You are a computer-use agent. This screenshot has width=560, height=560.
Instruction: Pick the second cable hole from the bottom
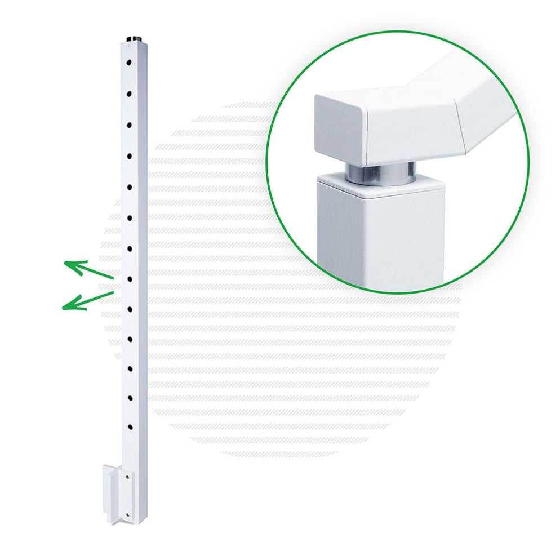pos(129,398)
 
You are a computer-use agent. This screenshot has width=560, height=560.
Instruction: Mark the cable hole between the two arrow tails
pos(129,278)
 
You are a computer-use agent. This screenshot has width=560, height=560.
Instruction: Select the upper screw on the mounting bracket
pos(128,476)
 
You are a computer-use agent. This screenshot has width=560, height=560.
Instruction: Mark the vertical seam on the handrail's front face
pos(368,132)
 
